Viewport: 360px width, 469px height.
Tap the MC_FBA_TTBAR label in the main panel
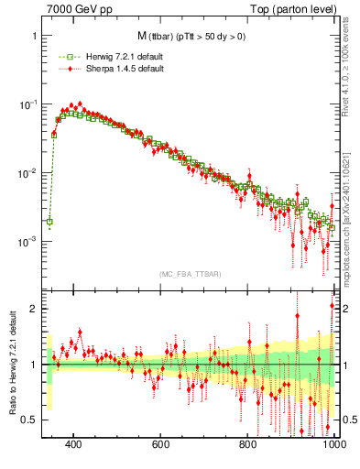point(189,275)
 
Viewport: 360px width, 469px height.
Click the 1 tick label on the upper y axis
point(33,36)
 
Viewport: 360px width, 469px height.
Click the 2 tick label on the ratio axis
point(33,309)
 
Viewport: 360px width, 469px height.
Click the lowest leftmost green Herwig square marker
point(49,222)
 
